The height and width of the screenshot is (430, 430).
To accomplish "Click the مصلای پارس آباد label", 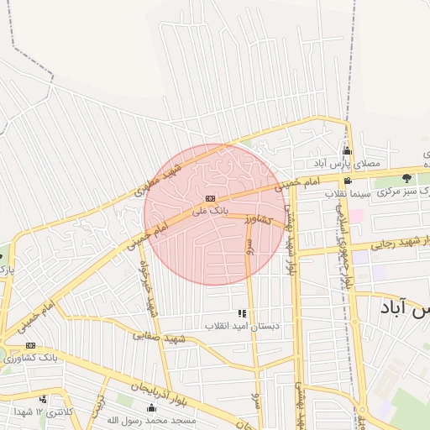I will [348, 164].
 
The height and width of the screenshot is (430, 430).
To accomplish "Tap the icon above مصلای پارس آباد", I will [347, 151].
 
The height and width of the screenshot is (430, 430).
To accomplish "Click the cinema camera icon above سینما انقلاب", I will [348, 181].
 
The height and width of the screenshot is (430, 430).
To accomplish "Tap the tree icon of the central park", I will [407, 178].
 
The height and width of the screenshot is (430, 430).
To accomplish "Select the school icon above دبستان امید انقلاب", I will [242, 312].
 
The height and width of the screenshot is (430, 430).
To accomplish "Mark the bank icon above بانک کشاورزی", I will [31, 345].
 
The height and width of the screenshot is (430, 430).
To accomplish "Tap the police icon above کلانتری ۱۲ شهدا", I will [43, 399].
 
